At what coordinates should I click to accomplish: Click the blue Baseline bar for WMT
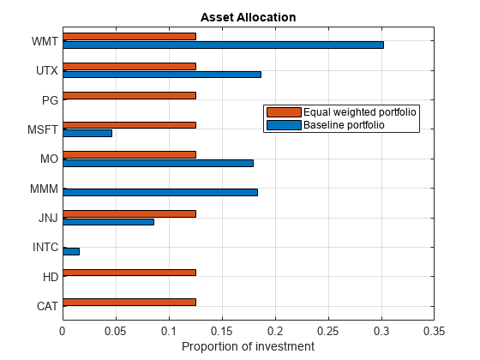(x=223, y=45)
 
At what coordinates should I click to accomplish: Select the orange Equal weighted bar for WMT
(x=129, y=36)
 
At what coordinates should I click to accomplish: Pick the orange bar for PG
(x=129, y=95)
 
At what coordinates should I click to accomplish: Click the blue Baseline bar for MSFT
(x=87, y=133)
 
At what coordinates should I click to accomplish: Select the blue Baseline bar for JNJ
(x=109, y=222)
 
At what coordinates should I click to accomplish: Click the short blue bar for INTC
(x=71, y=251)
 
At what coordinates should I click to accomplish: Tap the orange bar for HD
(x=129, y=273)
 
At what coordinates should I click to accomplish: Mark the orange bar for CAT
(x=129, y=302)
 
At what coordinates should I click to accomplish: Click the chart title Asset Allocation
(x=249, y=17)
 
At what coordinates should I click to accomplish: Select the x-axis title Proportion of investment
(x=249, y=346)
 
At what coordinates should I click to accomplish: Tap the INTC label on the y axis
(x=45, y=248)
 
